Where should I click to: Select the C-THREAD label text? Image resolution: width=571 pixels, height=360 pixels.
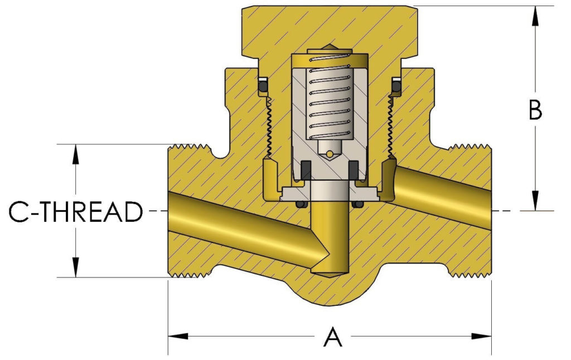click(x=76, y=212)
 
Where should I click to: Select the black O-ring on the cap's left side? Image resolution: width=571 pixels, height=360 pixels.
click(x=262, y=86)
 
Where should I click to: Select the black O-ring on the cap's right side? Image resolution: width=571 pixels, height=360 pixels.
click(x=396, y=86)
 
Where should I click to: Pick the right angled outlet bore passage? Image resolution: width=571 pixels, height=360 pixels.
click(x=441, y=192)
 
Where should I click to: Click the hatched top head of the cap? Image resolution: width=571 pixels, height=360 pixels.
click(x=329, y=28)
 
